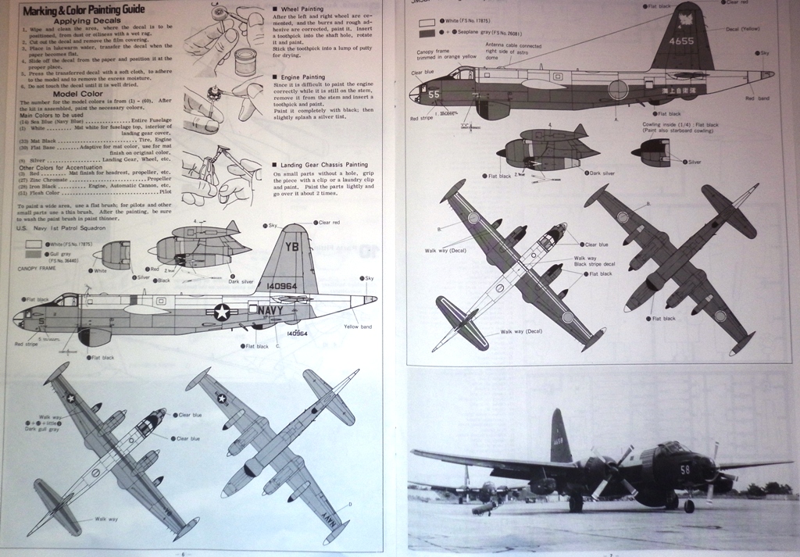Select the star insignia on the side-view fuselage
coord(222,312)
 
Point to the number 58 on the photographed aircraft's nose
coord(684,470)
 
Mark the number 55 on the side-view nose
coord(434,94)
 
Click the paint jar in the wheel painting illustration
coord(245,62)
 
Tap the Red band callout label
coord(757,98)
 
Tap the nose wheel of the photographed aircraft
coord(689,507)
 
